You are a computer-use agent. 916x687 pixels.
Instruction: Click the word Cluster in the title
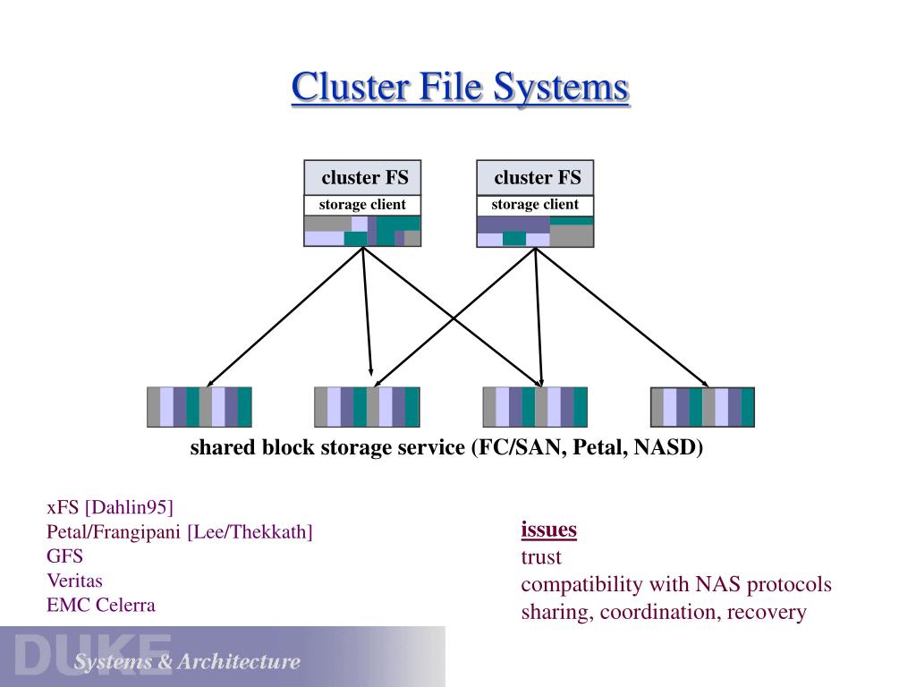(351, 87)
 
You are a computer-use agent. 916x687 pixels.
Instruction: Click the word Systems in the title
(561, 88)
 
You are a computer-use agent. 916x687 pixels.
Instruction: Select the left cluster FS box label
(365, 177)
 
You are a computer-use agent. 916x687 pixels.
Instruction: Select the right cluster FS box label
(538, 177)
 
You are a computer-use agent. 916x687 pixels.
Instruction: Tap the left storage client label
(362, 205)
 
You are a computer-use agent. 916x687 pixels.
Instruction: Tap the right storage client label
(535, 205)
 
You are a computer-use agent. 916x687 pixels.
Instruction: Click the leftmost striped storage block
(199, 407)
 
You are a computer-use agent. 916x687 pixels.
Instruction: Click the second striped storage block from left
(367, 407)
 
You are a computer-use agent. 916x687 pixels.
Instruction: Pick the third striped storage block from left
(535, 407)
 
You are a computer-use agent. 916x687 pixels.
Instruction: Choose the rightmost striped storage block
(702, 407)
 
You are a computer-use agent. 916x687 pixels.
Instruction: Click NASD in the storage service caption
(667, 447)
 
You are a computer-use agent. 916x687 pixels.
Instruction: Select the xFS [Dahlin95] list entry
(110, 507)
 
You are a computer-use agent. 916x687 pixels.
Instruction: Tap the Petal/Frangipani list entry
(179, 531)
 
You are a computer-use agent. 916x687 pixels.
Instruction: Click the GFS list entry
(64, 556)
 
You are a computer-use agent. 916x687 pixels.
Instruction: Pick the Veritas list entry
(75, 581)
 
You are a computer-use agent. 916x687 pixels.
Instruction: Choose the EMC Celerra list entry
(101, 606)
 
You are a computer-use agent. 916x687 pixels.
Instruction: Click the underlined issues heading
(548, 530)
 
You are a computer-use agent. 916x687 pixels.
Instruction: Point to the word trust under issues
(541, 557)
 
